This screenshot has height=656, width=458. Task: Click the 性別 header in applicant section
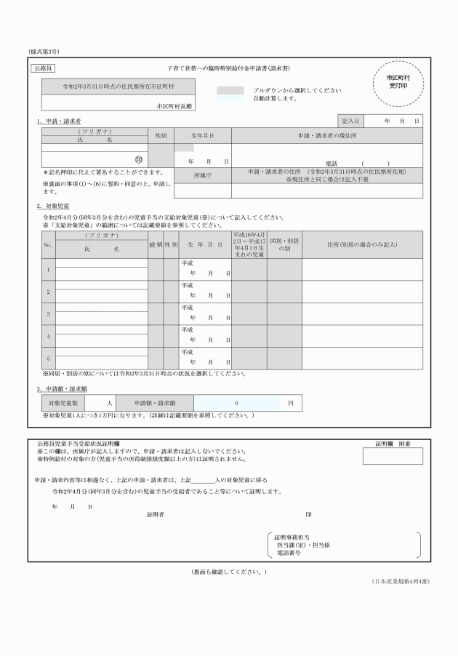coord(161,136)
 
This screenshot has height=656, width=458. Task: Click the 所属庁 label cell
coord(202,176)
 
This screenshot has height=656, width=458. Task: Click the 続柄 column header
coord(155,244)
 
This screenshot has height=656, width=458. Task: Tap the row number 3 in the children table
coord(48,314)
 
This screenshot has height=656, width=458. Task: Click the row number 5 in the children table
coord(48,359)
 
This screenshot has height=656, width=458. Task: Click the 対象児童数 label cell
coord(63,402)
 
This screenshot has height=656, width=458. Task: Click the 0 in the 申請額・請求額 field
coord(236,402)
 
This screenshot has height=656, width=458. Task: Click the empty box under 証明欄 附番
coord(393,456)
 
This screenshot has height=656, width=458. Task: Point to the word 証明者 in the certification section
coord(156,514)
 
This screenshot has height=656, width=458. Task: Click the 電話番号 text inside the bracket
coord(288,553)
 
